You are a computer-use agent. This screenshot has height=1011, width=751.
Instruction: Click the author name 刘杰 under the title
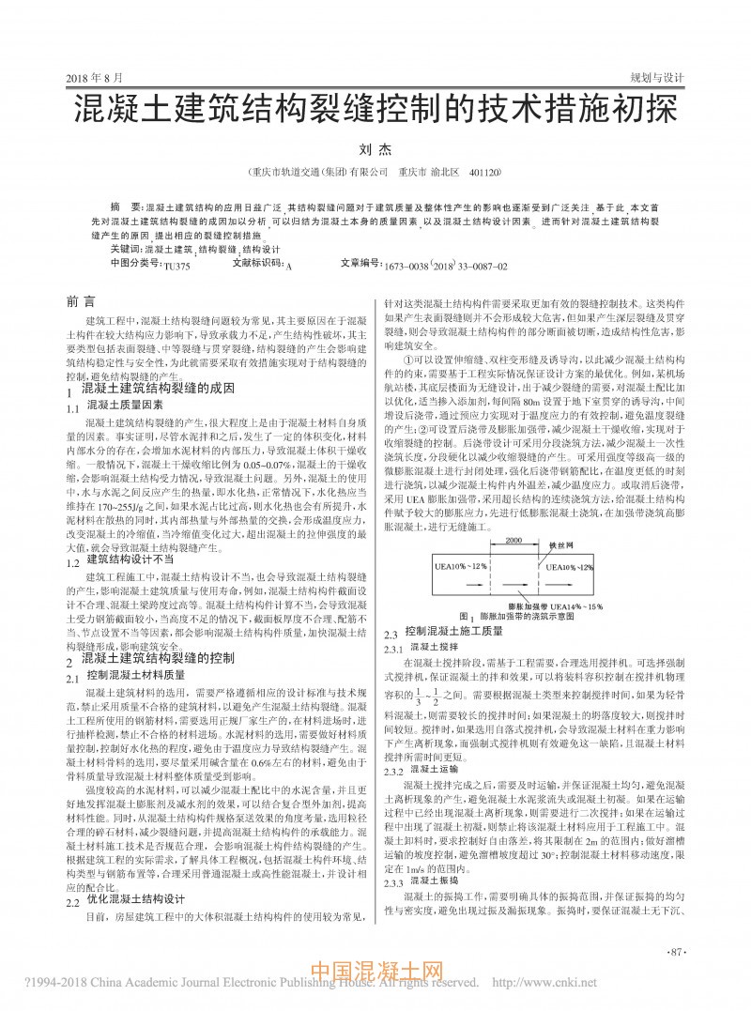[x=375, y=148]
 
